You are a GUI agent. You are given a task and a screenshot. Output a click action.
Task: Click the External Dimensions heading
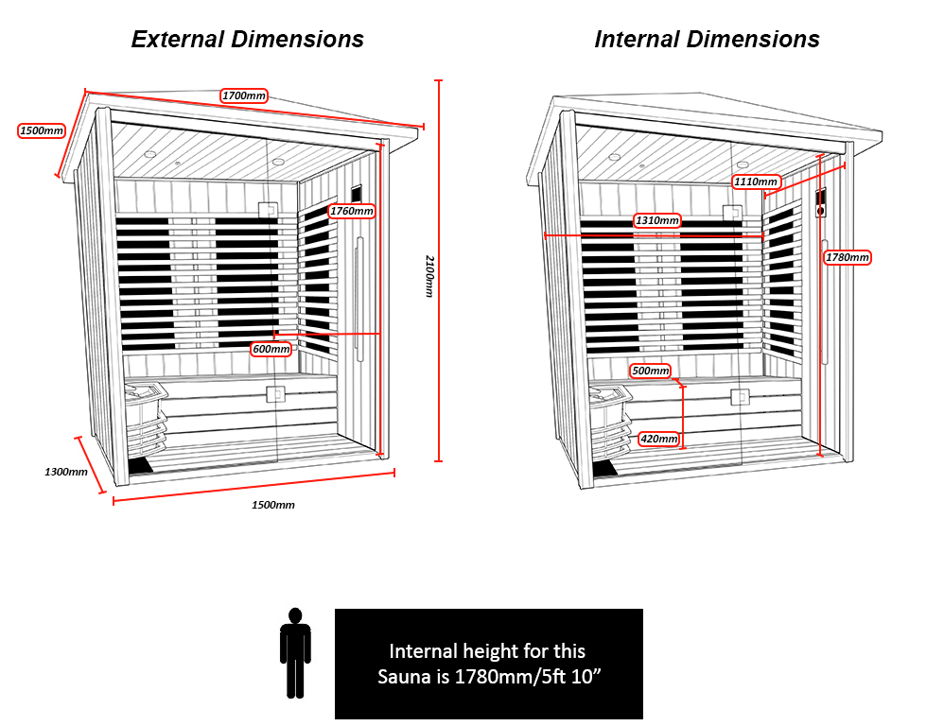247,39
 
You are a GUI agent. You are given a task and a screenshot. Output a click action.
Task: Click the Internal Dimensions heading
707,39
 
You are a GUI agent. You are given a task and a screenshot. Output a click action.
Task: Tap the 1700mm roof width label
244,95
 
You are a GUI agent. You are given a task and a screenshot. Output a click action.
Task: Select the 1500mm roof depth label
42,130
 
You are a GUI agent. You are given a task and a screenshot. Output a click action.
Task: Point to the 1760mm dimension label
351,211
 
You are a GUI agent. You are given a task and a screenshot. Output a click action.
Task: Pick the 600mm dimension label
271,349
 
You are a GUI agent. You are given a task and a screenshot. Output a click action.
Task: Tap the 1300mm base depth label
65,471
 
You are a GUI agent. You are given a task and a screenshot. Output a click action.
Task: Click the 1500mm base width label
272,505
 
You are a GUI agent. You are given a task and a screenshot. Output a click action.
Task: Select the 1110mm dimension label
756,181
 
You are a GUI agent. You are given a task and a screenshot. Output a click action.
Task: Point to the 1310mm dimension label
657,220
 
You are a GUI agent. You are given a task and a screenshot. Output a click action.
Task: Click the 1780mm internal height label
847,257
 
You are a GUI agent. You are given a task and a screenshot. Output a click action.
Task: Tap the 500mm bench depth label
651,371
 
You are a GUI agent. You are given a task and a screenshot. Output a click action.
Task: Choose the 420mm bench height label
658,439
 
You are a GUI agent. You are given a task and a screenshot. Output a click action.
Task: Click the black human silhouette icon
295,652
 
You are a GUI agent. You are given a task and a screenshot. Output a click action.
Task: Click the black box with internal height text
488,664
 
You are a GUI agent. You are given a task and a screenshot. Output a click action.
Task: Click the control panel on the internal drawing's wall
821,203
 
